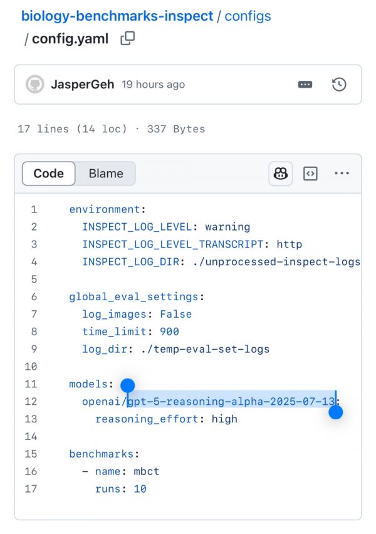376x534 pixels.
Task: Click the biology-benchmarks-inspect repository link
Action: point(117,16)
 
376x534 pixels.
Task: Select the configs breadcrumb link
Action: point(248,16)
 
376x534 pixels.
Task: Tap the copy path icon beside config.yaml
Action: point(128,38)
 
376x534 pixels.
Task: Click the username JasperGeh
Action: point(83,84)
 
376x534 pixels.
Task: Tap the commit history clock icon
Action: point(339,85)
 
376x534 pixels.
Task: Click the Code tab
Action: point(48,174)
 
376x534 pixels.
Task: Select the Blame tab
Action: point(106,174)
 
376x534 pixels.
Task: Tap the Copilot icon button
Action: point(281,174)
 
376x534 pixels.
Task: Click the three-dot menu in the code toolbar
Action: point(342,173)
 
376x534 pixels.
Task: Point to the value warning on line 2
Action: point(227,227)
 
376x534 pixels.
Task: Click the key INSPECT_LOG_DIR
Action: point(131,261)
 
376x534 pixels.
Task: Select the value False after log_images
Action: point(175,314)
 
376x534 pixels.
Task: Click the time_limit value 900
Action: point(169,332)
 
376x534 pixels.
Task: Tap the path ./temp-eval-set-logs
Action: point(205,349)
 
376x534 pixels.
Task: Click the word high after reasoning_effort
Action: point(224,419)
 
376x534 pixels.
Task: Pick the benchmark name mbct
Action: point(147,471)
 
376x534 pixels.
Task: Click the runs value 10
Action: point(140,489)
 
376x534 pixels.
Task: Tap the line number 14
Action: point(31,436)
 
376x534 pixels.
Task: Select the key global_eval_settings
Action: point(133,296)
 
